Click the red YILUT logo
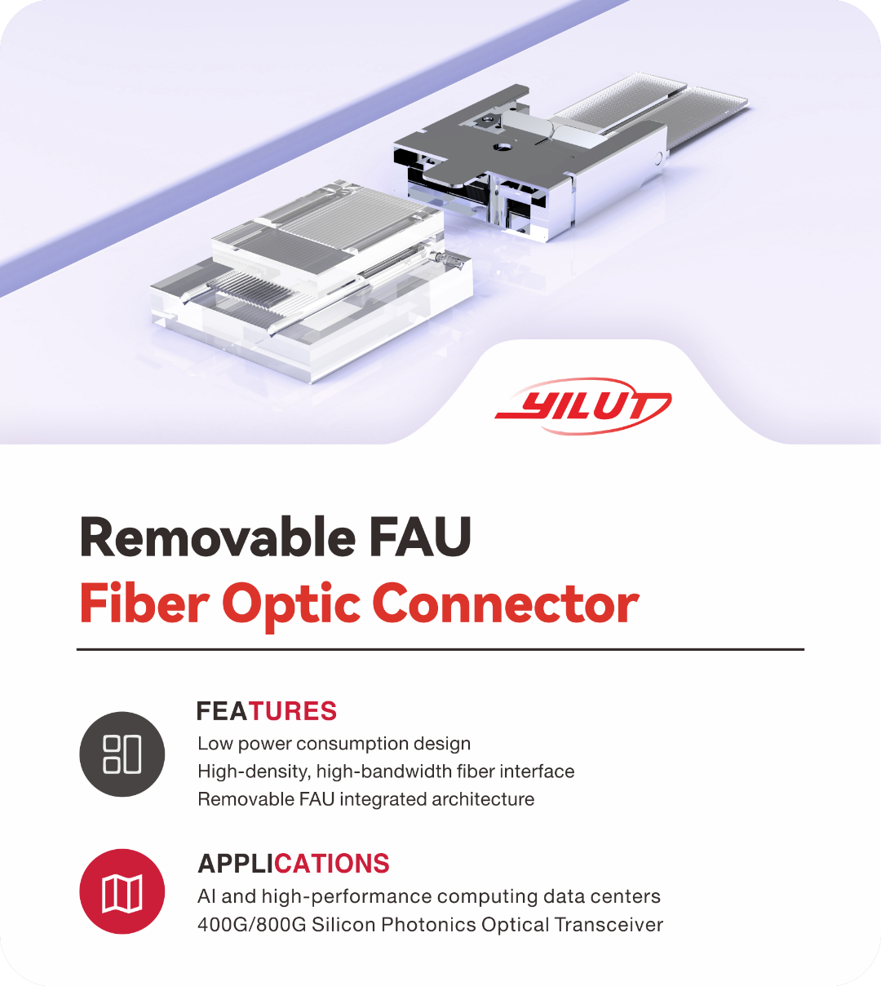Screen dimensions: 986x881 [x=583, y=405]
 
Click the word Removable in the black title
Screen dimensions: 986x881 [x=216, y=538]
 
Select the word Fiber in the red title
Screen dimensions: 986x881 [x=144, y=604]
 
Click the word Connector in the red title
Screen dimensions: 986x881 [x=505, y=604]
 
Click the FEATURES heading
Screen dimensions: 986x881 [x=267, y=711]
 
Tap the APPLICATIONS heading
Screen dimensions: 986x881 [x=294, y=864]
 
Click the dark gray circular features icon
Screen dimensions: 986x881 [x=122, y=754]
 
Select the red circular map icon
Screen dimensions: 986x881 [x=122, y=892]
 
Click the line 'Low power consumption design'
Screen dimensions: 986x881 [x=334, y=744]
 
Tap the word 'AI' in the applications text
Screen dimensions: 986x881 [x=206, y=896]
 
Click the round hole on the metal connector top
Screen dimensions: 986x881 [x=503, y=147]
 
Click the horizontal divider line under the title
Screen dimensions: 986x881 [x=440, y=650]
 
